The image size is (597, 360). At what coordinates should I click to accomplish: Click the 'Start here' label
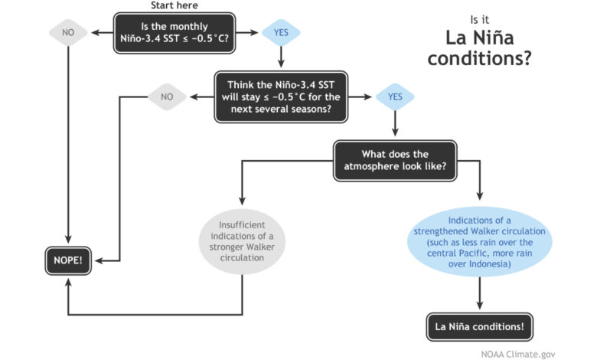(x=174, y=5)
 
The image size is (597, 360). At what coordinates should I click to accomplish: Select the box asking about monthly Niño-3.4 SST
(x=175, y=33)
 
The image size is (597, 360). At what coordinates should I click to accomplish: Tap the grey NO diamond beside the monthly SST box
(x=68, y=33)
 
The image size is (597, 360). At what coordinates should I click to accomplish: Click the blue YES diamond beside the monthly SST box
(x=281, y=33)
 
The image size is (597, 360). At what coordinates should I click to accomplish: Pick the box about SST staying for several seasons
(x=281, y=97)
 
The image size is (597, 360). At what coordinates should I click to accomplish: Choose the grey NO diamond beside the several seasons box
(x=167, y=97)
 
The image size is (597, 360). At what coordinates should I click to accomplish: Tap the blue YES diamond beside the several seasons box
(x=395, y=97)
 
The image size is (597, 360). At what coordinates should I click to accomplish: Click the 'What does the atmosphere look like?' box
(x=395, y=160)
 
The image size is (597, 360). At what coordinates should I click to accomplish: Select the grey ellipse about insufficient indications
(x=242, y=241)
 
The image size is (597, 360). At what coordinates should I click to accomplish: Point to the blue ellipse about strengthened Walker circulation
(x=479, y=242)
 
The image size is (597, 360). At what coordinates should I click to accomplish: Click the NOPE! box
(x=68, y=260)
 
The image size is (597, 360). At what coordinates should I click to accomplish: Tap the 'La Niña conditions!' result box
(x=479, y=327)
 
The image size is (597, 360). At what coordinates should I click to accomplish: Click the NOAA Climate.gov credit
(x=518, y=355)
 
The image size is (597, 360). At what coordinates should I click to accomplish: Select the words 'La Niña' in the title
(x=479, y=38)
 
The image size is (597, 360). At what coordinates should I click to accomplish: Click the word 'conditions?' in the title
(x=479, y=58)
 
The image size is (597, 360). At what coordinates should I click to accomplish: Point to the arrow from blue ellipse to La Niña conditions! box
(x=479, y=293)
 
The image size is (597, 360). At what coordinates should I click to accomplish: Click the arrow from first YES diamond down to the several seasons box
(x=281, y=57)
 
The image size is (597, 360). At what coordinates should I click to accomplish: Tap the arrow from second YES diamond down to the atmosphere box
(x=395, y=123)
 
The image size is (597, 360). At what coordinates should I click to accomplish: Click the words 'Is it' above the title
(x=479, y=19)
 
